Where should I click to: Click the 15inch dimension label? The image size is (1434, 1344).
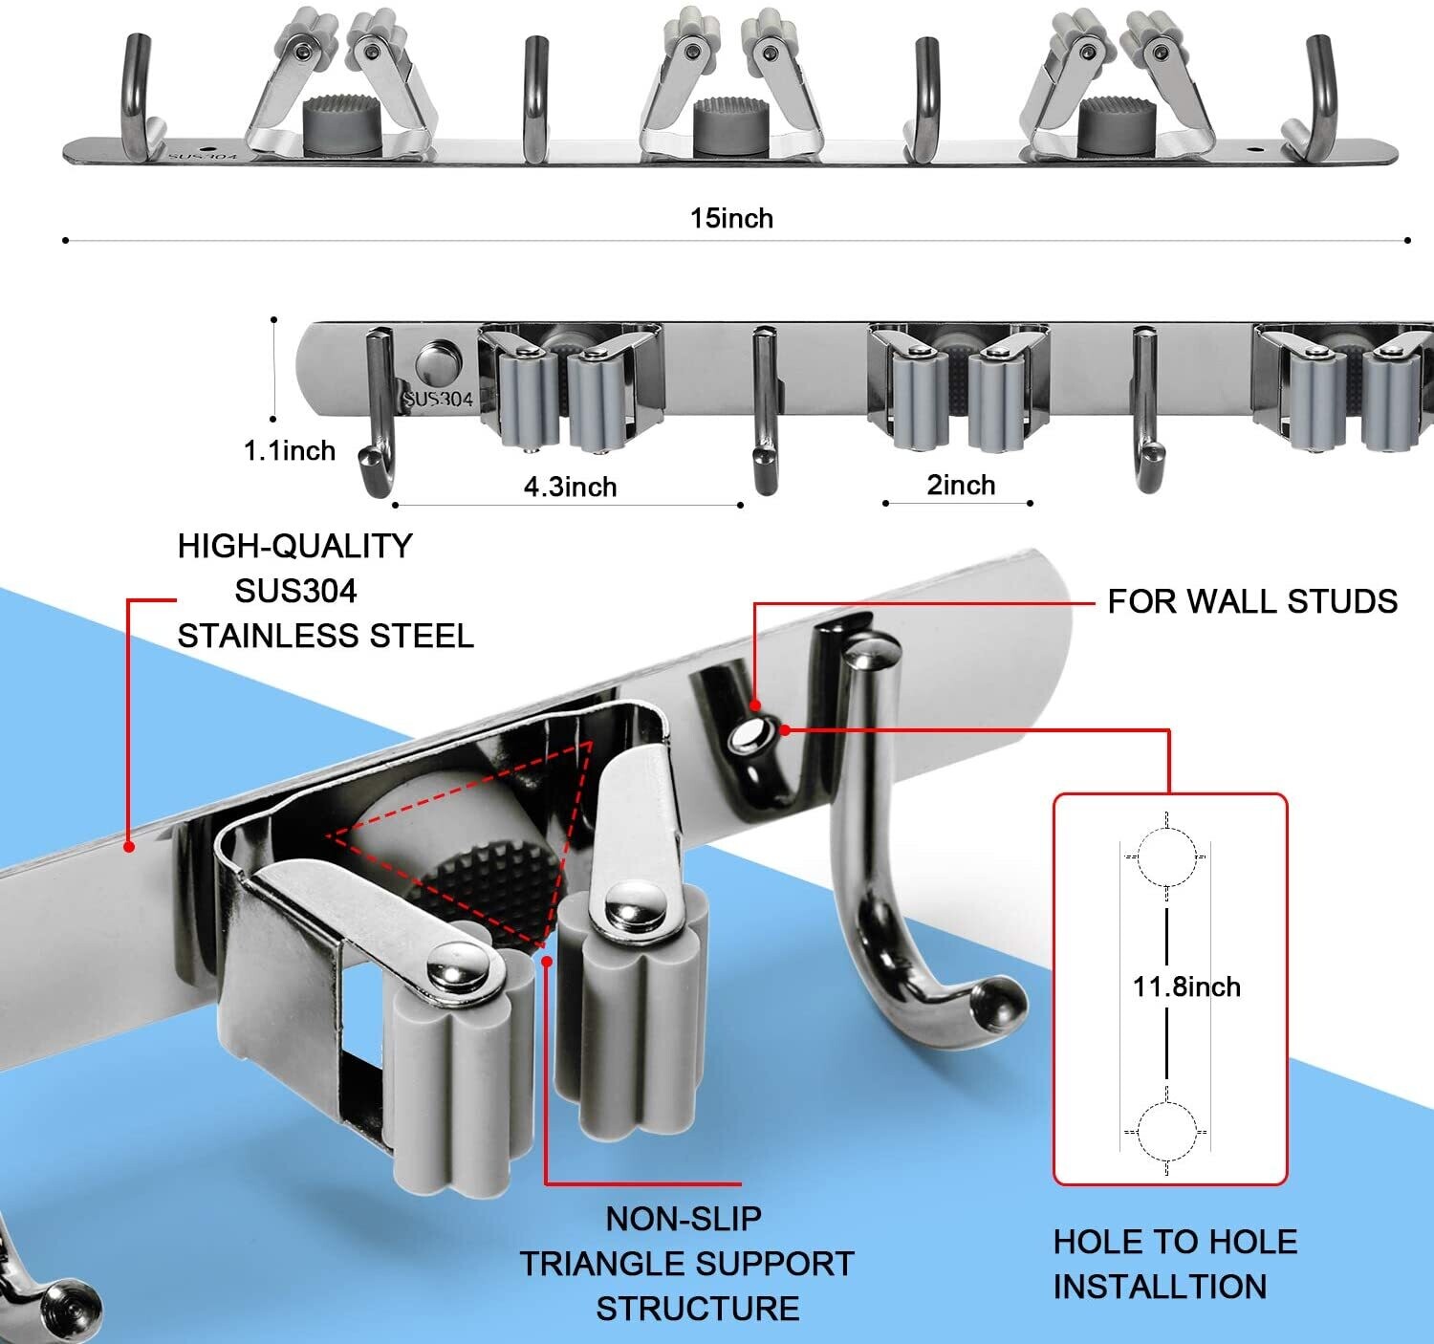pyautogui.click(x=731, y=218)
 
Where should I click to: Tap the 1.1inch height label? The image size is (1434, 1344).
pyautogui.click(x=289, y=450)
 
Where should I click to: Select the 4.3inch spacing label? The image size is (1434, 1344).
pyautogui.click(x=570, y=487)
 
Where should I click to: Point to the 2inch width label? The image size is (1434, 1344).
pyautogui.click(x=961, y=485)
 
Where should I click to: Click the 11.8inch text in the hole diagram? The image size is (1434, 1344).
pyautogui.click(x=1186, y=986)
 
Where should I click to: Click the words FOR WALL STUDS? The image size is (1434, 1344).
pyautogui.click(x=1251, y=601)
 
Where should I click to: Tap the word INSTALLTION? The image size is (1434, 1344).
pyautogui.click(x=1159, y=1287)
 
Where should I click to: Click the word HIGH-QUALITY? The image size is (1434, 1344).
pyautogui.click(x=294, y=546)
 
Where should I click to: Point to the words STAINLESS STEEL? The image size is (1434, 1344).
pyautogui.click(x=325, y=636)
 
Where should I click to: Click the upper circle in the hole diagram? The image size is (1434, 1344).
pyautogui.click(x=1167, y=856)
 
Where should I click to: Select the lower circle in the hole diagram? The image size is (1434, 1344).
pyautogui.click(x=1167, y=1132)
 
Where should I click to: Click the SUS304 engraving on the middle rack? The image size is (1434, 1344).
pyautogui.click(x=438, y=399)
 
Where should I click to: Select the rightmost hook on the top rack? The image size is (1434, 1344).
pyautogui.click(x=1318, y=96)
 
